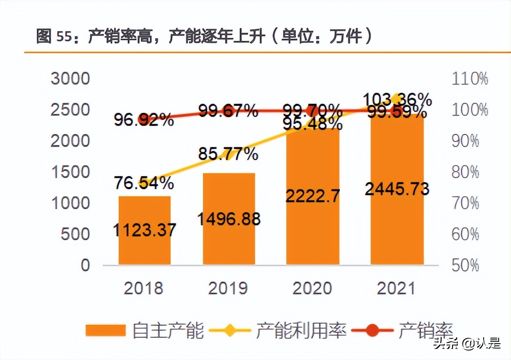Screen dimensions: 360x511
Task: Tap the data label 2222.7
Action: tap(313, 196)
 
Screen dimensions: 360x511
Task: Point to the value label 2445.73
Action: tap(397, 188)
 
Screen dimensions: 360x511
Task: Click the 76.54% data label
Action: tap(144, 183)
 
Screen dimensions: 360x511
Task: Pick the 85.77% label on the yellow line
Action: tap(228, 153)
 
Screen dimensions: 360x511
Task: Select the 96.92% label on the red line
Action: tap(144, 120)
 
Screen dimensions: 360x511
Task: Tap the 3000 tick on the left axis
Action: tap(70, 79)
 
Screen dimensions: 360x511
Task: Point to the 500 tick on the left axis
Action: tap(76, 234)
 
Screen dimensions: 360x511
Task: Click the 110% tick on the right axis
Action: tap(470, 79)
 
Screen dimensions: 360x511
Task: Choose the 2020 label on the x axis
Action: tap(313, 288)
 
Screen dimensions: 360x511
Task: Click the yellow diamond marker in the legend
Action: tap(231, 330)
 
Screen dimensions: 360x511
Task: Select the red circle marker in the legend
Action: tap(372, 330)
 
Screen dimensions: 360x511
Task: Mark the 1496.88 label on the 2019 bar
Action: tap(229, 219)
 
